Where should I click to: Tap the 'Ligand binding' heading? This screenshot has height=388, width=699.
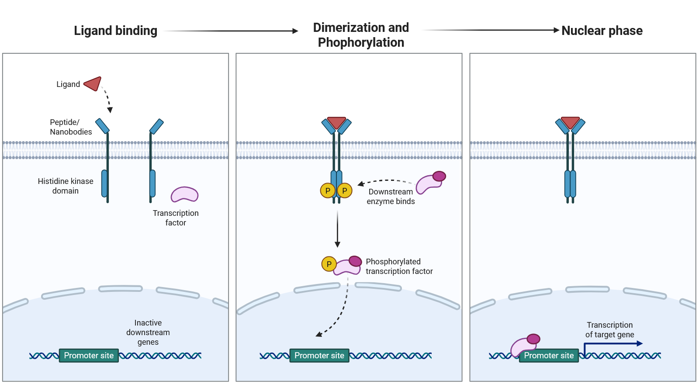point(115,31)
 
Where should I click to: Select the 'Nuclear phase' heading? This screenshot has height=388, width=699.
point(602,31)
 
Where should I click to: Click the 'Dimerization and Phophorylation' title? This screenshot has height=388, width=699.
point(361,35)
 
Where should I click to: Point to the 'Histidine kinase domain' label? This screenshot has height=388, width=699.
point(66,186)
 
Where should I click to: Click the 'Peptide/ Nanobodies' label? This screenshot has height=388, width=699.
point(71,127)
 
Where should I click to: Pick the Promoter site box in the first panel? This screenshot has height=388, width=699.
point(89,356)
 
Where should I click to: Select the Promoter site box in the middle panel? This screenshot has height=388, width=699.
point(319,356)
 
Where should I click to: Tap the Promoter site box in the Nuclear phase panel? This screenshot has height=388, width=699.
point(549,356)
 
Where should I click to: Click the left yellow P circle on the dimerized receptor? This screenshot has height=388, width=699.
point(328,191)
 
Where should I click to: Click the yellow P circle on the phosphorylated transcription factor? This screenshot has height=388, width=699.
point(329,264)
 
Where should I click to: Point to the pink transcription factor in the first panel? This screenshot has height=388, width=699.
point(184,194)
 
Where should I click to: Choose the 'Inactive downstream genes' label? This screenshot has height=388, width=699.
point(148,333)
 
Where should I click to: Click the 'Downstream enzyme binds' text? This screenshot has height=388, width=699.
point(391,197)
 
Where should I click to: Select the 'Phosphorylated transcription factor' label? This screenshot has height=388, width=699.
point(399,267)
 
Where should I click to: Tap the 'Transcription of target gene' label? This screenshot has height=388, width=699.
point(609,330)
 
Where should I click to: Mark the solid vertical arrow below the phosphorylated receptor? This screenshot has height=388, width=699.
point(337,229)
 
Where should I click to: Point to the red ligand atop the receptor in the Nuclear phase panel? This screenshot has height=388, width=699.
point(570,122)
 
